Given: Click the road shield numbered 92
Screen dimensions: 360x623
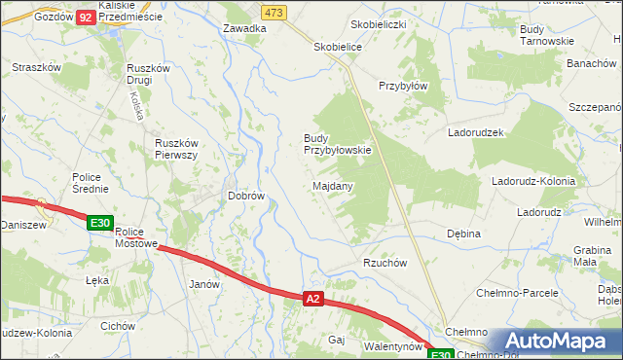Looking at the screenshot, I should tap(86, 18).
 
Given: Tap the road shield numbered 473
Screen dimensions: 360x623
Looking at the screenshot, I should tap(274, 12).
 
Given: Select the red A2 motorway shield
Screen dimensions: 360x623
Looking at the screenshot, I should tap(311, 299).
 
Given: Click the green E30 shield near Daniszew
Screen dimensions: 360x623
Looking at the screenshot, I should tap(97, 223).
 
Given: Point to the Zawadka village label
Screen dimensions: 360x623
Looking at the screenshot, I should tap(244, 29).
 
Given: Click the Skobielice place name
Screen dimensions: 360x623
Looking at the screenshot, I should tap(338, 47).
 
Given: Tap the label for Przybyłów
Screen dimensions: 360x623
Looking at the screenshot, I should tap(403, 86).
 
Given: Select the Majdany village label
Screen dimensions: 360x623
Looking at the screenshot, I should tap(333, 185).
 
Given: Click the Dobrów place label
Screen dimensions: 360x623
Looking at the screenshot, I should tap(246, 196).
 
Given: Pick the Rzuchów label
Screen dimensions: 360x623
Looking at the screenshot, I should tap(384, 263).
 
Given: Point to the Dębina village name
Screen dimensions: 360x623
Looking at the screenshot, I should tap(463, 234).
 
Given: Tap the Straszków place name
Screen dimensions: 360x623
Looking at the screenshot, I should tap(37, 67).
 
